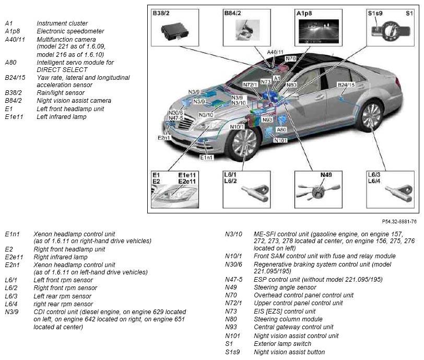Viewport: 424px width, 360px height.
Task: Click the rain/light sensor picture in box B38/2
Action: (175, 32)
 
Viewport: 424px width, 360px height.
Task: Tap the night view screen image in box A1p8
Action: (319, 31)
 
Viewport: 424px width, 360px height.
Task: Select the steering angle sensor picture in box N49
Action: (317, 191)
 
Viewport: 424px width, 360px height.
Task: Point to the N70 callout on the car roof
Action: (291, 58)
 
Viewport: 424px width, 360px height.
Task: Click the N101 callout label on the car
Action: (280, 140)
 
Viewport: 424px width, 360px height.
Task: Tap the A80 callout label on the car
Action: (281, 129)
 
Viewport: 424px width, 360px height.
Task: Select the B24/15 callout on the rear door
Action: (346, 85)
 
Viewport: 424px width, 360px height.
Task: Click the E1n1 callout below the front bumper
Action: (206, 157)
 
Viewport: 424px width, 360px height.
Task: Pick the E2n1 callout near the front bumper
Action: (164, 138)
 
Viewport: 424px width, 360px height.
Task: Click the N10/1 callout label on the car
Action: (237, 126)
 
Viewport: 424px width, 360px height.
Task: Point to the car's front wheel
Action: (244, 143)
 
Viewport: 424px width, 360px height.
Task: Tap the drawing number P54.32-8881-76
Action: (399, 221)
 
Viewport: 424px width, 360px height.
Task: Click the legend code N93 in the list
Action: (231, 327)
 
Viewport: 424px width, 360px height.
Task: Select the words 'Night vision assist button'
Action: (289, 352)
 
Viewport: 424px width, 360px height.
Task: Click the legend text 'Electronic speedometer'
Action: (70, 31)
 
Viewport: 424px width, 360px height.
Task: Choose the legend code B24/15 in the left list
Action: (15, 78)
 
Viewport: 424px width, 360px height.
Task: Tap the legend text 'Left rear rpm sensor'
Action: (62, 296)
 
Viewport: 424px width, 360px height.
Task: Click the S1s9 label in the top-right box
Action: (375, 13)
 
